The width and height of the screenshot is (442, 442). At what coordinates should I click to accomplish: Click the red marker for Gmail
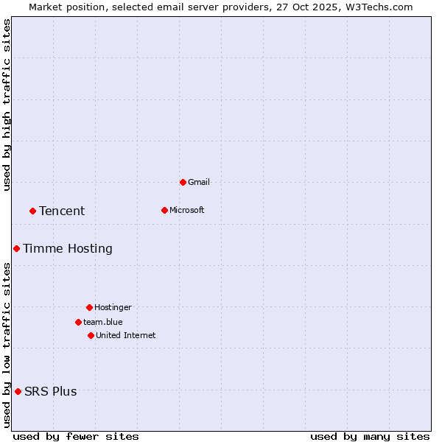183,182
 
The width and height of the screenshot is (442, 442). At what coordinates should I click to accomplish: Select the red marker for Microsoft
164,210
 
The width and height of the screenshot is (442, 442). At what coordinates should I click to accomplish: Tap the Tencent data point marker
32,211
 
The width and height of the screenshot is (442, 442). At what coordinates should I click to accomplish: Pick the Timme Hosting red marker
16,248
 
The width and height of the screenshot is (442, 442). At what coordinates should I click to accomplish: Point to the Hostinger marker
89,307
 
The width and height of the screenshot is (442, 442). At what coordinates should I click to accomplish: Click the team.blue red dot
78,322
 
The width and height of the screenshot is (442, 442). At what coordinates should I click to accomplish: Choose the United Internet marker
91,335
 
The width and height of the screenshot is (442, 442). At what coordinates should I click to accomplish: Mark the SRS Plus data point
18,391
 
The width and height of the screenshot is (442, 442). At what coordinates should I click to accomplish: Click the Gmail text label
199,182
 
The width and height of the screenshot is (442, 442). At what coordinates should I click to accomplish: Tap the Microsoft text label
187,210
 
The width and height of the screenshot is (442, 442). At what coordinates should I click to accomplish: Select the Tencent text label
62,211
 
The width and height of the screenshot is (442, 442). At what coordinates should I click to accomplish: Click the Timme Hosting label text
68,249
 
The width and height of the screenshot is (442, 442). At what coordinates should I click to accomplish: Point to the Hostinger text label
113,307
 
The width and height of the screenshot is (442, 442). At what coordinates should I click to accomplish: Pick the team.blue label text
103,322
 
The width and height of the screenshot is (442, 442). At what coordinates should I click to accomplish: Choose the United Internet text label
126,335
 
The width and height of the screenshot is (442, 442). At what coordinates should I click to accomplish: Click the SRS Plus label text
51,392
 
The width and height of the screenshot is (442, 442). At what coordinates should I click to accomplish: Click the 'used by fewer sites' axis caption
76,437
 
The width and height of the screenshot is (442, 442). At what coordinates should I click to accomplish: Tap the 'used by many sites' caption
370,437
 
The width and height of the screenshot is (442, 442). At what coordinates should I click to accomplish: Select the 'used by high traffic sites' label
7,105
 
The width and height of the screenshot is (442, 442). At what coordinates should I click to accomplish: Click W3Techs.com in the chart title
380,7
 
